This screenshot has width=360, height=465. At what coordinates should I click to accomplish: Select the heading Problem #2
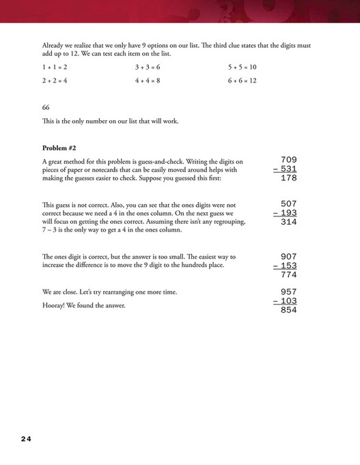coord(59,148)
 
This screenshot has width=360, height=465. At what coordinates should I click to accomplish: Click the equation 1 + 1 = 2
coord(55,68)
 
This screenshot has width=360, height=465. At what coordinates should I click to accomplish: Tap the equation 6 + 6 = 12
coord(243,81)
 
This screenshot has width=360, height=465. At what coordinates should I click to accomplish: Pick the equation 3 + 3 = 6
coord(148,68)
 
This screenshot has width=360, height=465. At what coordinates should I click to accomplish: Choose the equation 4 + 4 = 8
coord(148,81)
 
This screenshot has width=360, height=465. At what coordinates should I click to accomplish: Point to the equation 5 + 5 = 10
coord(242,68)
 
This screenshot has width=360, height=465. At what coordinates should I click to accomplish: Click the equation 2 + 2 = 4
coord(55,81)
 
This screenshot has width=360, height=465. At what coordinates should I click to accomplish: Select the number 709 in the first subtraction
coord(289,160)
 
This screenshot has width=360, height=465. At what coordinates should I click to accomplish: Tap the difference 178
coord(289,179)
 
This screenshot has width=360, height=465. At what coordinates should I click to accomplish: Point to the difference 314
coord(289,222)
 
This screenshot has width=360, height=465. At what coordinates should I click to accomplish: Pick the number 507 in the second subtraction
coord(289,203)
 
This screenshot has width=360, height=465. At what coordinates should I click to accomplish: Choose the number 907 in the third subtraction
coord(289,257)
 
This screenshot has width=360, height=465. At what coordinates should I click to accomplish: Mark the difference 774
coord(289,275)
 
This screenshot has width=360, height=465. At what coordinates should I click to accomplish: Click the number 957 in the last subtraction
coord(289,292)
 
